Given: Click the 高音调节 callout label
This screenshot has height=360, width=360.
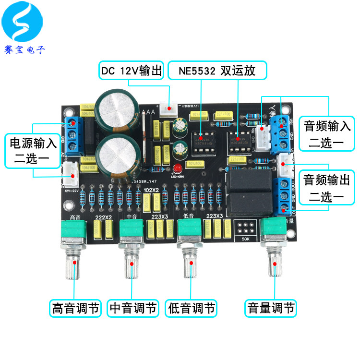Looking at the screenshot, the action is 75,308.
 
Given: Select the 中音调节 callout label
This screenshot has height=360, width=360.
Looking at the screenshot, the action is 133,308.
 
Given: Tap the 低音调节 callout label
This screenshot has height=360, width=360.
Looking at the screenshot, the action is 192,308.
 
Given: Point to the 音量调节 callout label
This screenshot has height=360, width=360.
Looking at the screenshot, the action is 270,308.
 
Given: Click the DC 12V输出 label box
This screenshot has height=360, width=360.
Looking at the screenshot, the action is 132,71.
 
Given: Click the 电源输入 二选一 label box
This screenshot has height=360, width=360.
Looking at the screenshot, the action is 33,151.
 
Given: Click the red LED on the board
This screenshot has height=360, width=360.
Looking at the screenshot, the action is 178,168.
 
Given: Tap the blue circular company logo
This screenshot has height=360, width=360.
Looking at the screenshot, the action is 24,24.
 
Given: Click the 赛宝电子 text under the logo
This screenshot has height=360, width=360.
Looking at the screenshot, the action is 24,49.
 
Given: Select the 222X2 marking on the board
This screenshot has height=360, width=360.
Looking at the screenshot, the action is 104,218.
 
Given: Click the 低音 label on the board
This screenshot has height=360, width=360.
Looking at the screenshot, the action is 189,216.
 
